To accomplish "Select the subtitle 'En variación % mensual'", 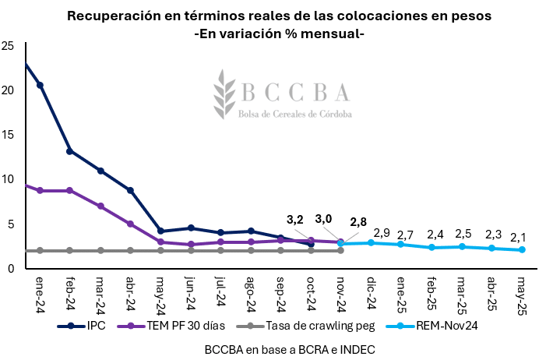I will click(x=289, y=34).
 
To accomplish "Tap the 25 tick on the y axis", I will click(x=8, y=45).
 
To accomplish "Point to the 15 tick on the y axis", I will click(x=8, y=135).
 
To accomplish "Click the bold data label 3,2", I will click(x=295, y=220).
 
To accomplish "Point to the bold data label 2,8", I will click(x=358, y=223).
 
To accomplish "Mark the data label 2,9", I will click(x=382, y=232).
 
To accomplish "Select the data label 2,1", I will click(x=519, y=237).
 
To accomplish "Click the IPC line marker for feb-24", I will click(x=70, y=151).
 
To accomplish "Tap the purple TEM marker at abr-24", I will click(x=131, y=224).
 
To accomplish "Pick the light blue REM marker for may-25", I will click(x=522, y=249).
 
